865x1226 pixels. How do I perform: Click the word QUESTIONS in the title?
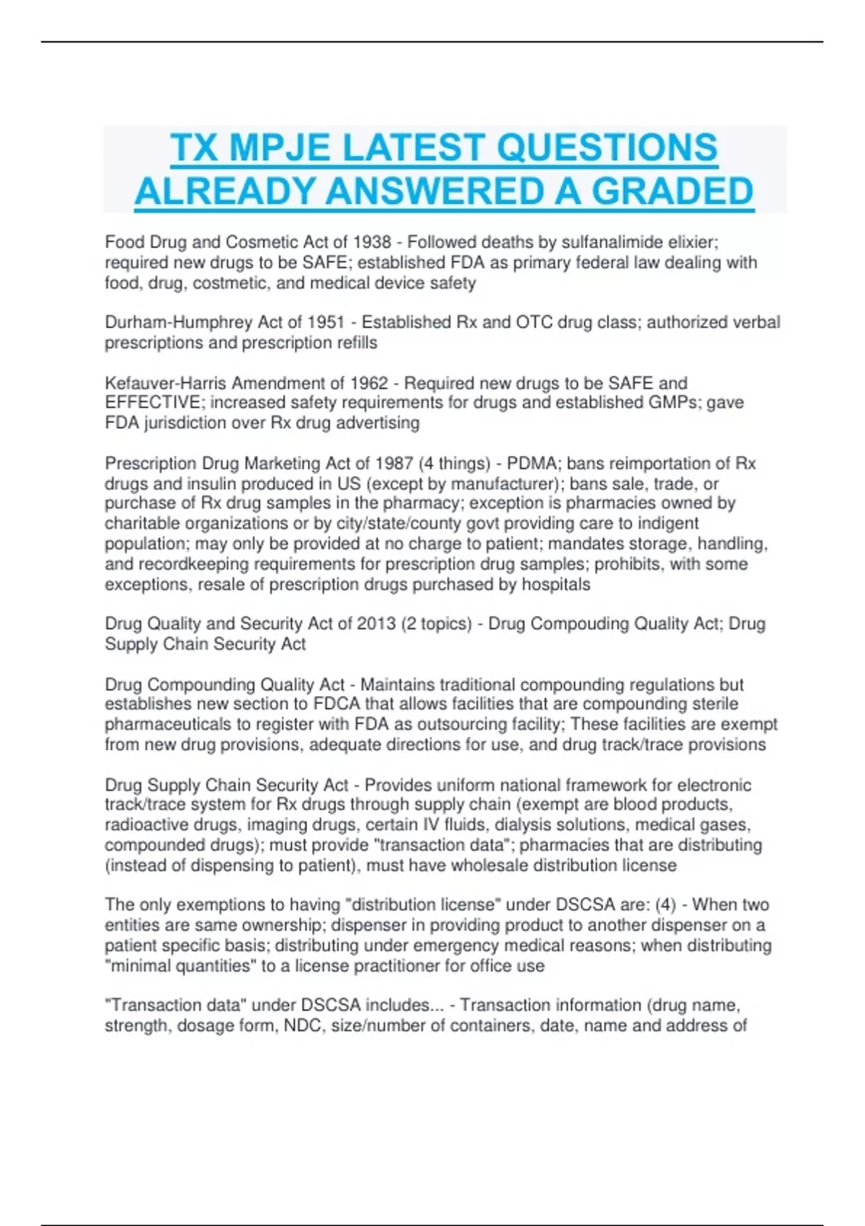pyautogui.click(x=607, y=148)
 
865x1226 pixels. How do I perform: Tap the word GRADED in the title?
pyautogui.click(x=672, y=191)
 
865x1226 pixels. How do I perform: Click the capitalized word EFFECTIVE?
pyautogui.click(x=153, y=402)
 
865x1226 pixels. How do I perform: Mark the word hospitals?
pyautogui.click(x=556, y=584)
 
